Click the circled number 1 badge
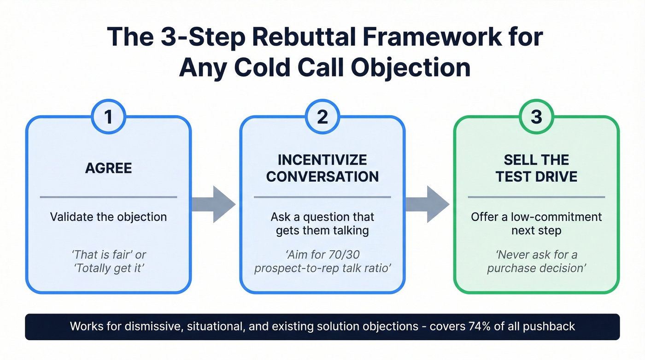pos(108,117)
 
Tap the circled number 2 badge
pos(322,117)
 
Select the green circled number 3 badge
pos(536,117)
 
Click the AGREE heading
pos(108,168)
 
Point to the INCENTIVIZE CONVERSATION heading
pos(322,168)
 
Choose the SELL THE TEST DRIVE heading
pos(536,168)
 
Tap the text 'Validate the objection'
pos(108,217)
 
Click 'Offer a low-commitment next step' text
pos(536,223)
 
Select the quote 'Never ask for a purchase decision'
pos(536,261)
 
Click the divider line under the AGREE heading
pos(108,197)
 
